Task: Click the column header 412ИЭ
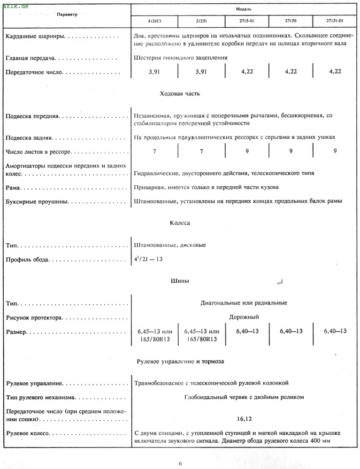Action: point(155,21)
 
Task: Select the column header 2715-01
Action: point(247,21)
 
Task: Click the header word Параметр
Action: point(67,15)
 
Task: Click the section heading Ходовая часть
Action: point(180,94)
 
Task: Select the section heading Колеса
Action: point(180,223)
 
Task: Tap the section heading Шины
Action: point(180,281)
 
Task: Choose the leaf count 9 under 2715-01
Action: point(247,151)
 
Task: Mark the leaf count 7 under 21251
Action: point(201,151)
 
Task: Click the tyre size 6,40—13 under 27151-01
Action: point(335,331)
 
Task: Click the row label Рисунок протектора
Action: point(34,318)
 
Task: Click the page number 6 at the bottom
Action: point(180,464)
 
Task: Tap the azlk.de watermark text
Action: point(15,6)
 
